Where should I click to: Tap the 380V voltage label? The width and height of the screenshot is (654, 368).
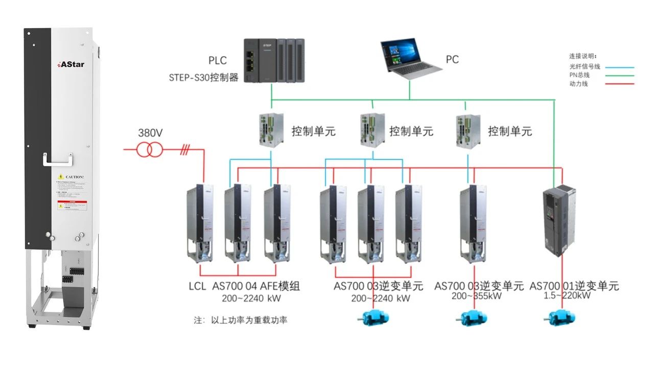coord(150,133)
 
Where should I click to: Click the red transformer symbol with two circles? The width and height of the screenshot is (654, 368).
coord(150,150)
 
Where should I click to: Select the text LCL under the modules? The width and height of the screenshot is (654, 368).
coord(197,286)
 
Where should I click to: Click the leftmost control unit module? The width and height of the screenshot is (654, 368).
coord(271,129)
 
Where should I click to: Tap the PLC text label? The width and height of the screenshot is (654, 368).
coord(217,61)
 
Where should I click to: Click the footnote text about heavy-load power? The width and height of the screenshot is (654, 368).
coord(240,320)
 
